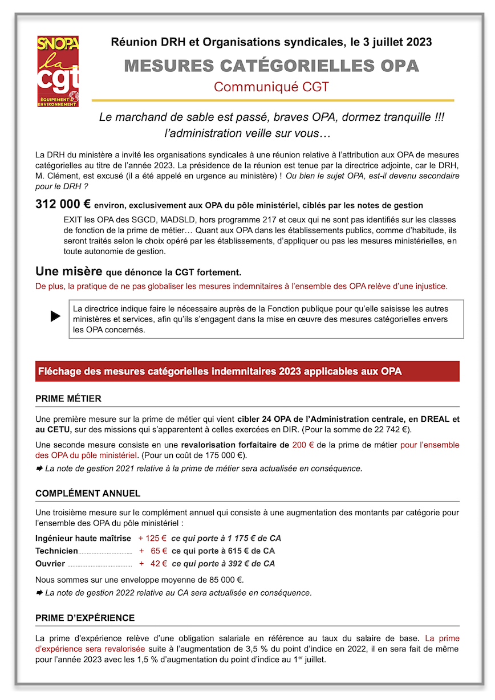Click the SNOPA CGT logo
[58, 71]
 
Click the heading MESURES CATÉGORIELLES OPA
[271, 66]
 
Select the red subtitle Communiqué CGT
[271, 87]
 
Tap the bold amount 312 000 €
[60, 205]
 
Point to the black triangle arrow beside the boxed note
[55, 316]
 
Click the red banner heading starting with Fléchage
[220, 372]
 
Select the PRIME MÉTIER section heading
[68, 398]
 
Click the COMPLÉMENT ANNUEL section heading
[88, 493]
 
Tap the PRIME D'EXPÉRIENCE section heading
[85, 618]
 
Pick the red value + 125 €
[152, 538]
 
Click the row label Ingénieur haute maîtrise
[83, 538]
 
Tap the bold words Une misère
[69, 271]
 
